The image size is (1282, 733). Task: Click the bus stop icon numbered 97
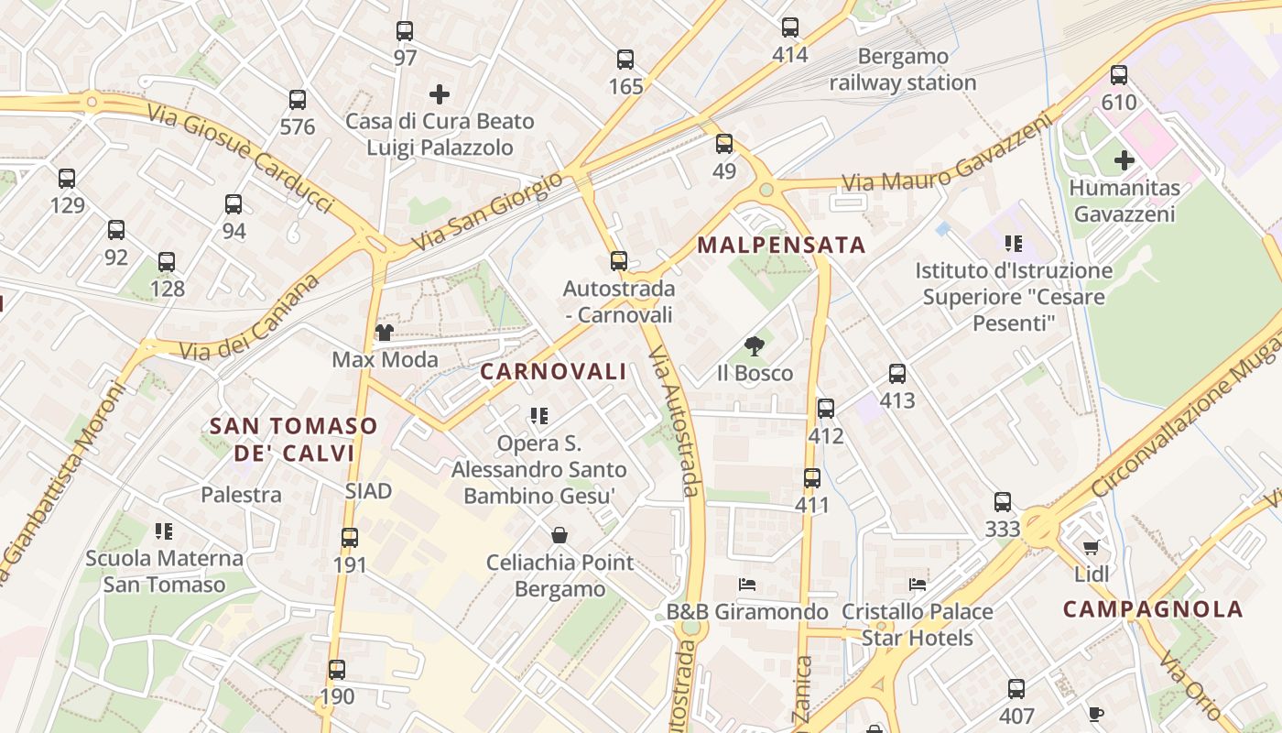click(405, 31)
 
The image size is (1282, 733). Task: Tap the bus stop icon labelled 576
click(298, 100)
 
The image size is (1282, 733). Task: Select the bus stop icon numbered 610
click(1119, 76)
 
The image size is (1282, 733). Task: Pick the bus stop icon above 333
click(1003, 502)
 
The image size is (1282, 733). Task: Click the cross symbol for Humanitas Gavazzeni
click(1124, 161)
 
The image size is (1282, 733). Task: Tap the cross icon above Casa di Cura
click(440, 93)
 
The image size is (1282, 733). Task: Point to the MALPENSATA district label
click(781, 246)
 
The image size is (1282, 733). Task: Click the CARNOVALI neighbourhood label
click(553, 372)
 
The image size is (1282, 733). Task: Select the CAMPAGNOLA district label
click(1153, 609)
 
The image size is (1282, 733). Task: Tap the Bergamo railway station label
click(903, 70)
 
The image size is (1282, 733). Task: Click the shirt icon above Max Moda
click(385, 332)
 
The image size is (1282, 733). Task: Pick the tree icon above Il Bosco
click(755, 346)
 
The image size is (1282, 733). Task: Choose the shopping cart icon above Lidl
click(1091, 548)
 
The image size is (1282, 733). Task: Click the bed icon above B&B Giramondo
click(747, 585)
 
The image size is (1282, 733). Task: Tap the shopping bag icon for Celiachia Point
click(560, 535)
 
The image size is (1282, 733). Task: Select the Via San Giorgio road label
click(487, 212)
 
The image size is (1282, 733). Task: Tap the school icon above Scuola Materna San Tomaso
click(164, 531)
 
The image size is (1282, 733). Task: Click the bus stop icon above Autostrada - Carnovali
click(619, 261)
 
